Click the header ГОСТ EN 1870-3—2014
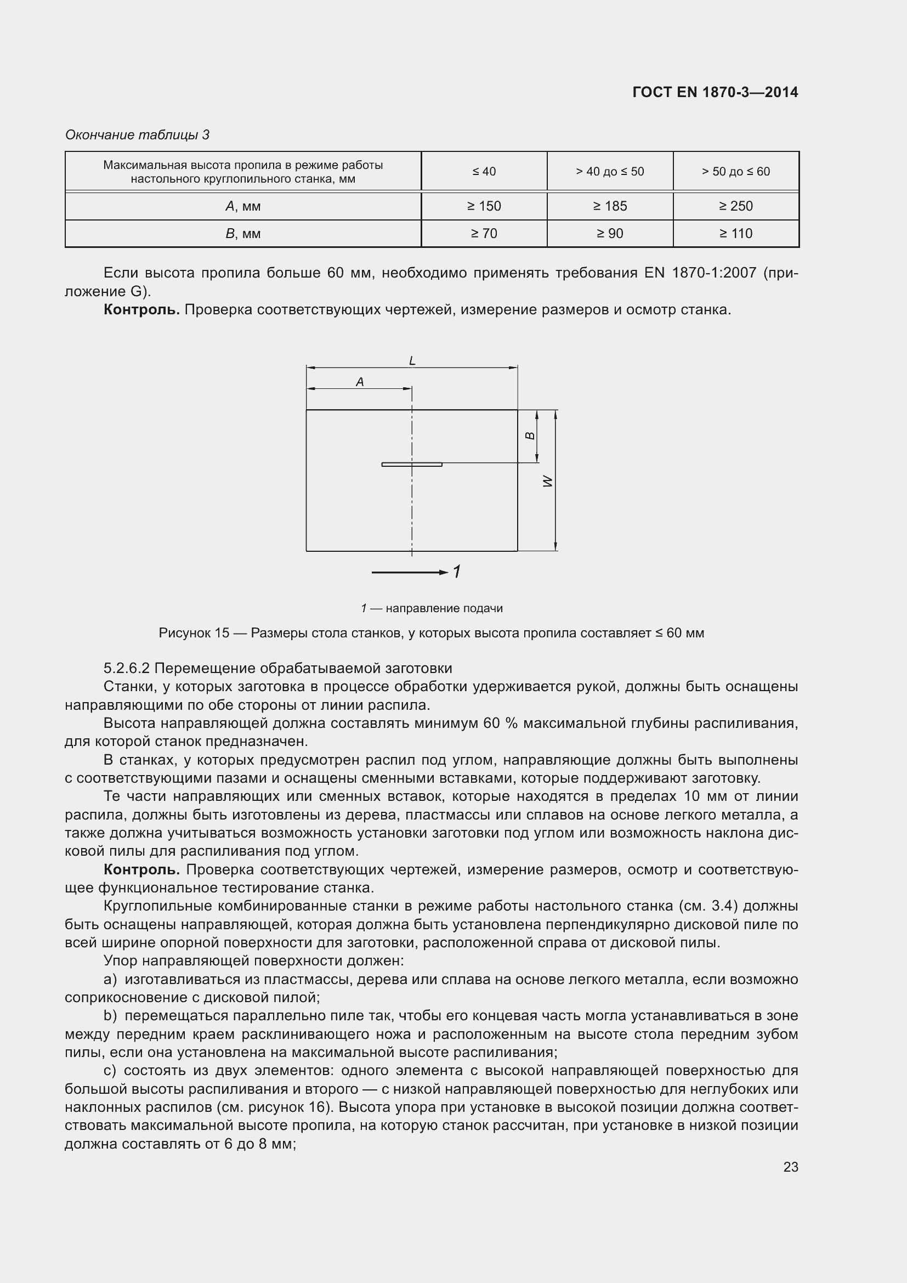715,92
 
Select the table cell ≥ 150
484,206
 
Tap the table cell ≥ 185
610,206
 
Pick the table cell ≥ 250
735,206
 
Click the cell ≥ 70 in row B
484,234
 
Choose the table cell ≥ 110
735,234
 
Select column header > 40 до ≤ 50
610,172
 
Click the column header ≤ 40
484,172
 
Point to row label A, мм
243,206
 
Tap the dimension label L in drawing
412,361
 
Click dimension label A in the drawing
360,382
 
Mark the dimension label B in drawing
531,436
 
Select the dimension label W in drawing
548,481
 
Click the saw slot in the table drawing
412,465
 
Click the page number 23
790,1167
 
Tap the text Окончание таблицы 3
138,135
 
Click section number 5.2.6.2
127,668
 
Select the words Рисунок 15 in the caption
194,633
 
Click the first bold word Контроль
141,309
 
